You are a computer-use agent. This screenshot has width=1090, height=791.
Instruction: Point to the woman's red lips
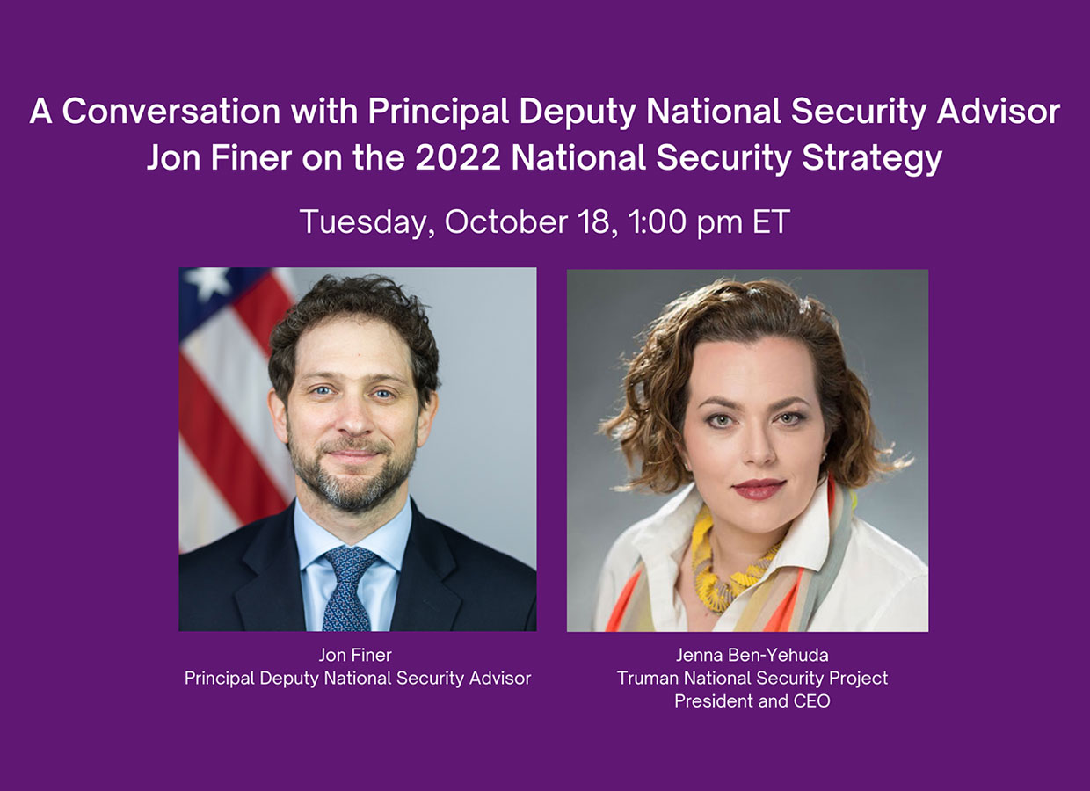(757, 489)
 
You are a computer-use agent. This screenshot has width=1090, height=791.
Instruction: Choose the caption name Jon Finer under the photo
(356, 656)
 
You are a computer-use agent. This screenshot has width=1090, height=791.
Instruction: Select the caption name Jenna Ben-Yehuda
(752, 656)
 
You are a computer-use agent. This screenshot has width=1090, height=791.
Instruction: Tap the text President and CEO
(752, 701)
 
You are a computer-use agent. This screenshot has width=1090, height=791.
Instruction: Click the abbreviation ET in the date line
(771, 221)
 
